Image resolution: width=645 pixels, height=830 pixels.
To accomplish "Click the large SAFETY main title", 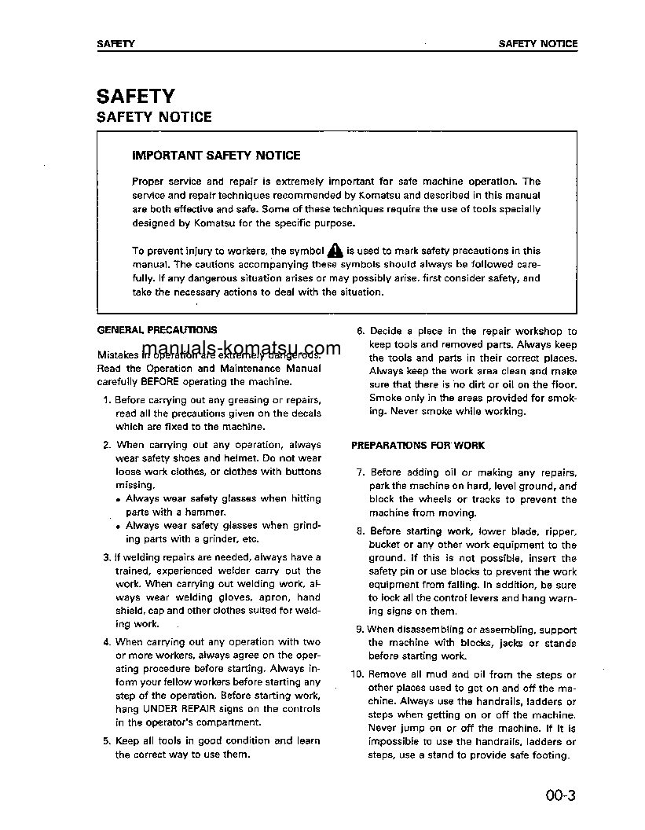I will point(135,96).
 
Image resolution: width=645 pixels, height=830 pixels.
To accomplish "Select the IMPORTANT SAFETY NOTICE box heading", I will point(216,156).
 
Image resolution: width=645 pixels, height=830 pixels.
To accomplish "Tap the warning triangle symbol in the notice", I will point(335,251).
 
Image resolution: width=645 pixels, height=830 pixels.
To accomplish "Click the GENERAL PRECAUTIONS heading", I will point(156,330).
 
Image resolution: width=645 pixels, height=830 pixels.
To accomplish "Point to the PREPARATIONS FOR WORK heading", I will point(418,445).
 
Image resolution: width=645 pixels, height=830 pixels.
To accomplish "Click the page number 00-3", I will point(561,795).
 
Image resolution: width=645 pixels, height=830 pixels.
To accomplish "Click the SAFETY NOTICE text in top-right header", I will point(537,44).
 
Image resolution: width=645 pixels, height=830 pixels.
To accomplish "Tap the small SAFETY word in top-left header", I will point(115,44).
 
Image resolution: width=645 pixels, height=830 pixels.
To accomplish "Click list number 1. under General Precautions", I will point(108,400).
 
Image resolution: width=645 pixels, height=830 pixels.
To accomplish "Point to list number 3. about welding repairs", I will point(108,557).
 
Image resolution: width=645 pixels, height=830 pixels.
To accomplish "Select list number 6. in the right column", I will point(361,332).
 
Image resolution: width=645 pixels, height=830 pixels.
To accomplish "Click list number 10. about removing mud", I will point(357,674).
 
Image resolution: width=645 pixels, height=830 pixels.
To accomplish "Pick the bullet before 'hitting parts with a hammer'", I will point(119,500).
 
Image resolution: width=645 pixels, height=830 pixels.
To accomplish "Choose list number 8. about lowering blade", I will point(361,531).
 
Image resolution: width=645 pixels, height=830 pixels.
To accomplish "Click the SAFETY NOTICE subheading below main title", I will point(154,117).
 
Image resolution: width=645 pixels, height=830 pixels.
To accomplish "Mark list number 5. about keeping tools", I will point(108,740).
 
